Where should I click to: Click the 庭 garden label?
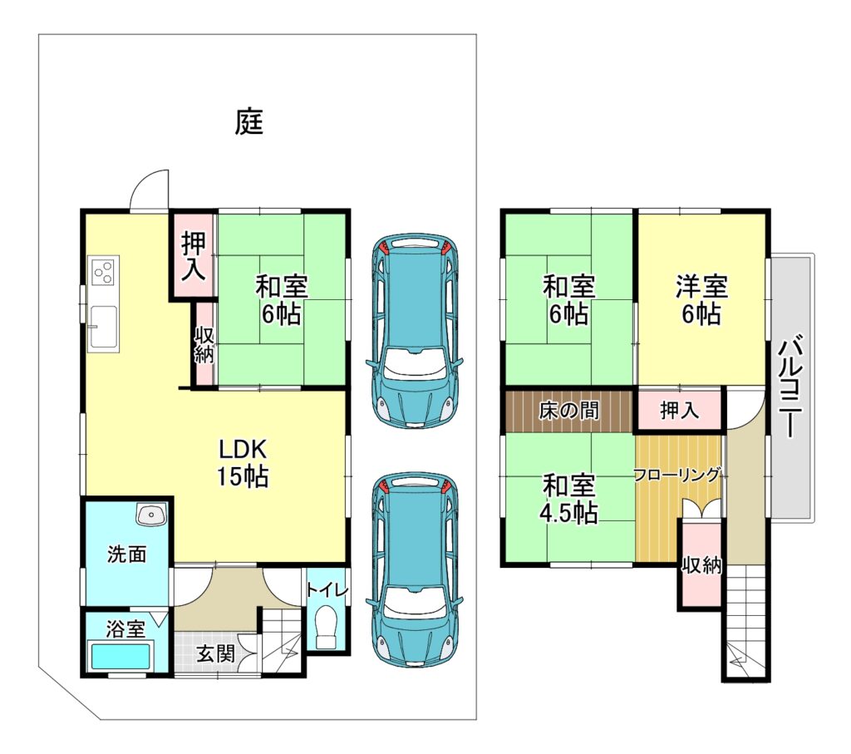249,121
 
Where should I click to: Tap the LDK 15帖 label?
243,462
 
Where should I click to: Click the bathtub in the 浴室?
121,656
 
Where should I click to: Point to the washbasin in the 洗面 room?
151,515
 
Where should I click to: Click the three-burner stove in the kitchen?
103,273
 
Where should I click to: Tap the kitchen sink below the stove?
104,327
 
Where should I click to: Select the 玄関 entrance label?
215,653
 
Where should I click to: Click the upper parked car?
414,331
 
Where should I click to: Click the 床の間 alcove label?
568,411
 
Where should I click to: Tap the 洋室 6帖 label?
701,300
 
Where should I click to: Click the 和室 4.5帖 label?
568,499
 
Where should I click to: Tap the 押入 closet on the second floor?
680,410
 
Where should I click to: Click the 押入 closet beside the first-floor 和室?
194,256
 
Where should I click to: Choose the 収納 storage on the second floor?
701,564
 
